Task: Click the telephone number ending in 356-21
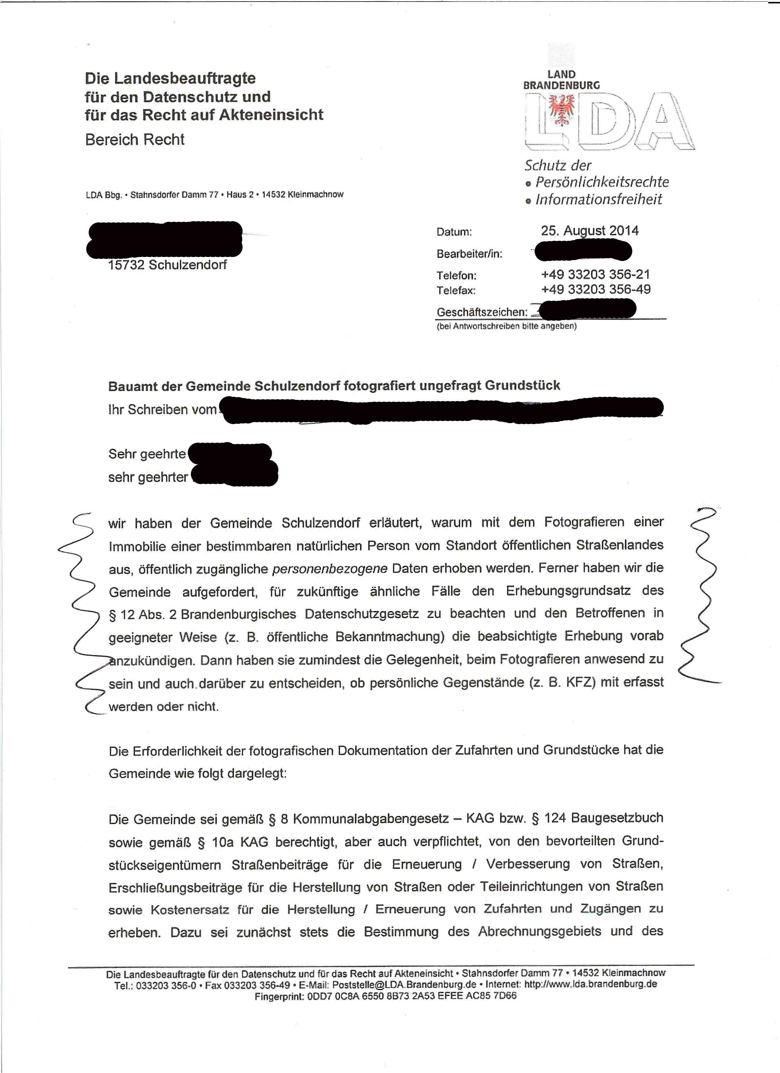pyautogui.click(x=596, y=274)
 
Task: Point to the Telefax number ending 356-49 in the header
pyautogui.click(x=596, y=289)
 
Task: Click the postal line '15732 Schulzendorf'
pyautogui.click(x=167, y=265)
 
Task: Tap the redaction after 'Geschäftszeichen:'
pyautogui.click(x=587, y=309)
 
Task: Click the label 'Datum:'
pyautogui.click(x=454, y=232)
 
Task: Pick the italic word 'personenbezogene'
pyautogui.click(x=330, y=568)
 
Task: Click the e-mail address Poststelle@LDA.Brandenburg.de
pyautogui.click(x=404, y=984)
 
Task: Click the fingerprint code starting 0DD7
pyautogui.click(x=411, y=996)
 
